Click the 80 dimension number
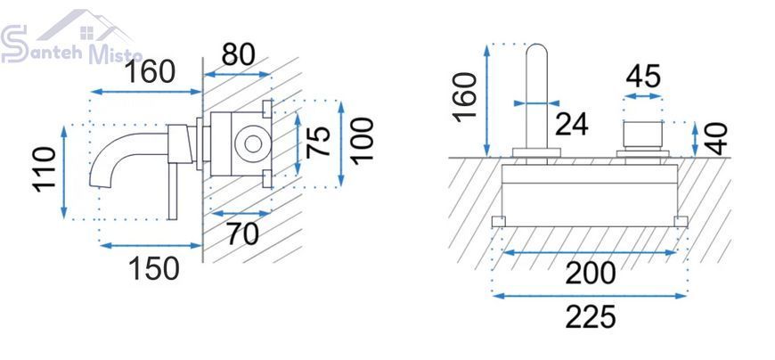pyautogui.click(x=238, y=55)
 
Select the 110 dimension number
pyautogui.click(x=45, y=169)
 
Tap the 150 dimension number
pyautogui.click(x=154, y=269)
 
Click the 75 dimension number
pyautogui.click(x=318, y=142)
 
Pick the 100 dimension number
pyautogui.click(x=363, y=141)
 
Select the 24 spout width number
pyautogui.click(x=572, y=124)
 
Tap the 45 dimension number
pyautogui.click(x=643, y=77)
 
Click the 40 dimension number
pyautogui.click(x=717, y=139)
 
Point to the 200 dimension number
pyautogui.click(x=591, y=274)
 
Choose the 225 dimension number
pyautogui.click(x=591, y=317)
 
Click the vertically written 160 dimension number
pyautogui.click(x=466, y=97)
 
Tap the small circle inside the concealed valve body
pyautogui.click(x=253, y=143)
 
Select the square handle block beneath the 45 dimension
pyautogui.click(x=642, y=135)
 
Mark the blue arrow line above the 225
pyautogui.click(x=590, y=296)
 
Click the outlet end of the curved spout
pyautogui.click(x=100, y=183)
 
